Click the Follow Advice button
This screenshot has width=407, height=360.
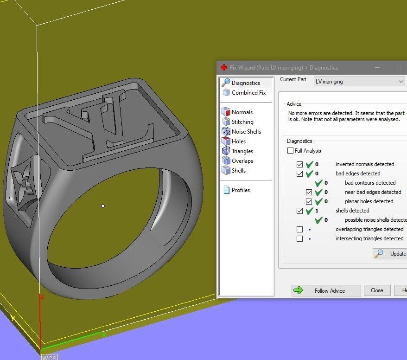(326, 291)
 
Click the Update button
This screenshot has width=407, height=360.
(391, 254)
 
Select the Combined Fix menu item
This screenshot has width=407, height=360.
(248, 93)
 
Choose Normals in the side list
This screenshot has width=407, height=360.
(242, 112)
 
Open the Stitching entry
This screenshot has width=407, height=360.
(242, 122)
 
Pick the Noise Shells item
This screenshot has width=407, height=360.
(246, 132)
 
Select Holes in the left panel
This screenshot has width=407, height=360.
(239, 141)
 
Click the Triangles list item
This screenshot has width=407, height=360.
(242, 151)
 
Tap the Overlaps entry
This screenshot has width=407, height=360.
(242, 161)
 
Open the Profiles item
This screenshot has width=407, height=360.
(241, 190)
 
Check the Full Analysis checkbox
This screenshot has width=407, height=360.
(291, 151)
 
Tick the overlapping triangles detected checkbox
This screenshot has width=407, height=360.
(300, 230)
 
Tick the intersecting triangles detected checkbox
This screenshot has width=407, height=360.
(300, 239)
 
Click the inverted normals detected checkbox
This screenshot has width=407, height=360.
(300, 165)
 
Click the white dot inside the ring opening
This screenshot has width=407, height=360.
(103, 206)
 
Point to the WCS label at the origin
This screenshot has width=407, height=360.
(49, 357)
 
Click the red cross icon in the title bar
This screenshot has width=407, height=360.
(224, 68)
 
